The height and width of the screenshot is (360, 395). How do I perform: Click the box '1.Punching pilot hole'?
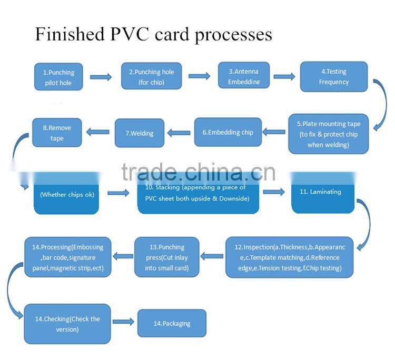58,77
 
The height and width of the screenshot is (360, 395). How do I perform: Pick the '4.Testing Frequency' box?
334,77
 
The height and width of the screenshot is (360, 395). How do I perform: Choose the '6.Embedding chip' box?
228,132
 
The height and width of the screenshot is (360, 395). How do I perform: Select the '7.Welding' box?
140,133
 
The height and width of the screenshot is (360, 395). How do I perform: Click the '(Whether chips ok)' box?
67,194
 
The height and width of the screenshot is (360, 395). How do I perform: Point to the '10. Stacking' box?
199,193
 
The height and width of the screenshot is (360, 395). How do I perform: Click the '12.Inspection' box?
289,257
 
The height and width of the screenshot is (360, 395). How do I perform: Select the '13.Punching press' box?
166,257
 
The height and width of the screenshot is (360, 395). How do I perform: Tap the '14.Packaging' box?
172,323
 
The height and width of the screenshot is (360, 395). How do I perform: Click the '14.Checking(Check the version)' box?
67,324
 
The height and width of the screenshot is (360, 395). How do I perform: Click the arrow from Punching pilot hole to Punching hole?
101,77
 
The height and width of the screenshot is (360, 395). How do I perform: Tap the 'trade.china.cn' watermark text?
198,172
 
